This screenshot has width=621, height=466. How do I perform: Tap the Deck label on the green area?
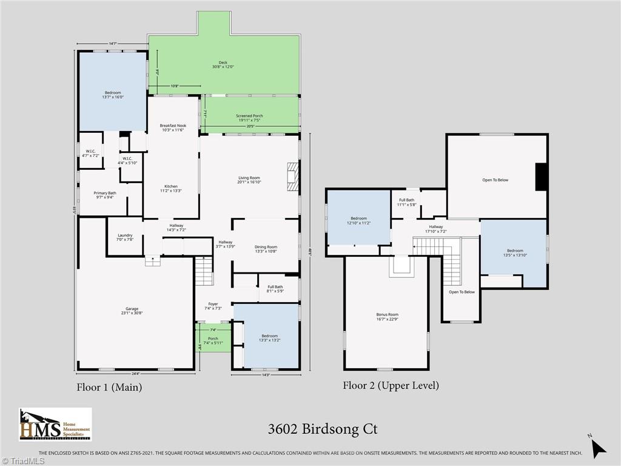[223, 64]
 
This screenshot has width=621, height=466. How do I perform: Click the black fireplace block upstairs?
[542, 177]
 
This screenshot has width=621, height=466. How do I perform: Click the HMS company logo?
[55, 424]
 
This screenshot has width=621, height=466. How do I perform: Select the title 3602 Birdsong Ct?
[323, 429]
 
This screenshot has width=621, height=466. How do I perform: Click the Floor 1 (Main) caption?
[109, 387]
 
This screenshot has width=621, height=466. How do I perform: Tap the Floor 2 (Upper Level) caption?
[391, 385]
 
